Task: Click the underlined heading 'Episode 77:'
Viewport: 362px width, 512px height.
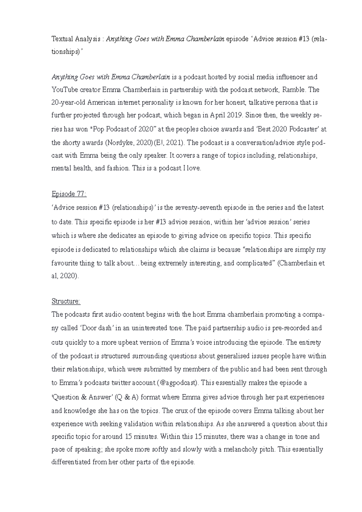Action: point(69,194)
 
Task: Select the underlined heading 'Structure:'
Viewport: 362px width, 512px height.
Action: point(66,301)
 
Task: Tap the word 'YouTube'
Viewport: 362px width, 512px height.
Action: point(64,90)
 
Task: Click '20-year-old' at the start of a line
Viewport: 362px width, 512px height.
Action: point(68,103)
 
